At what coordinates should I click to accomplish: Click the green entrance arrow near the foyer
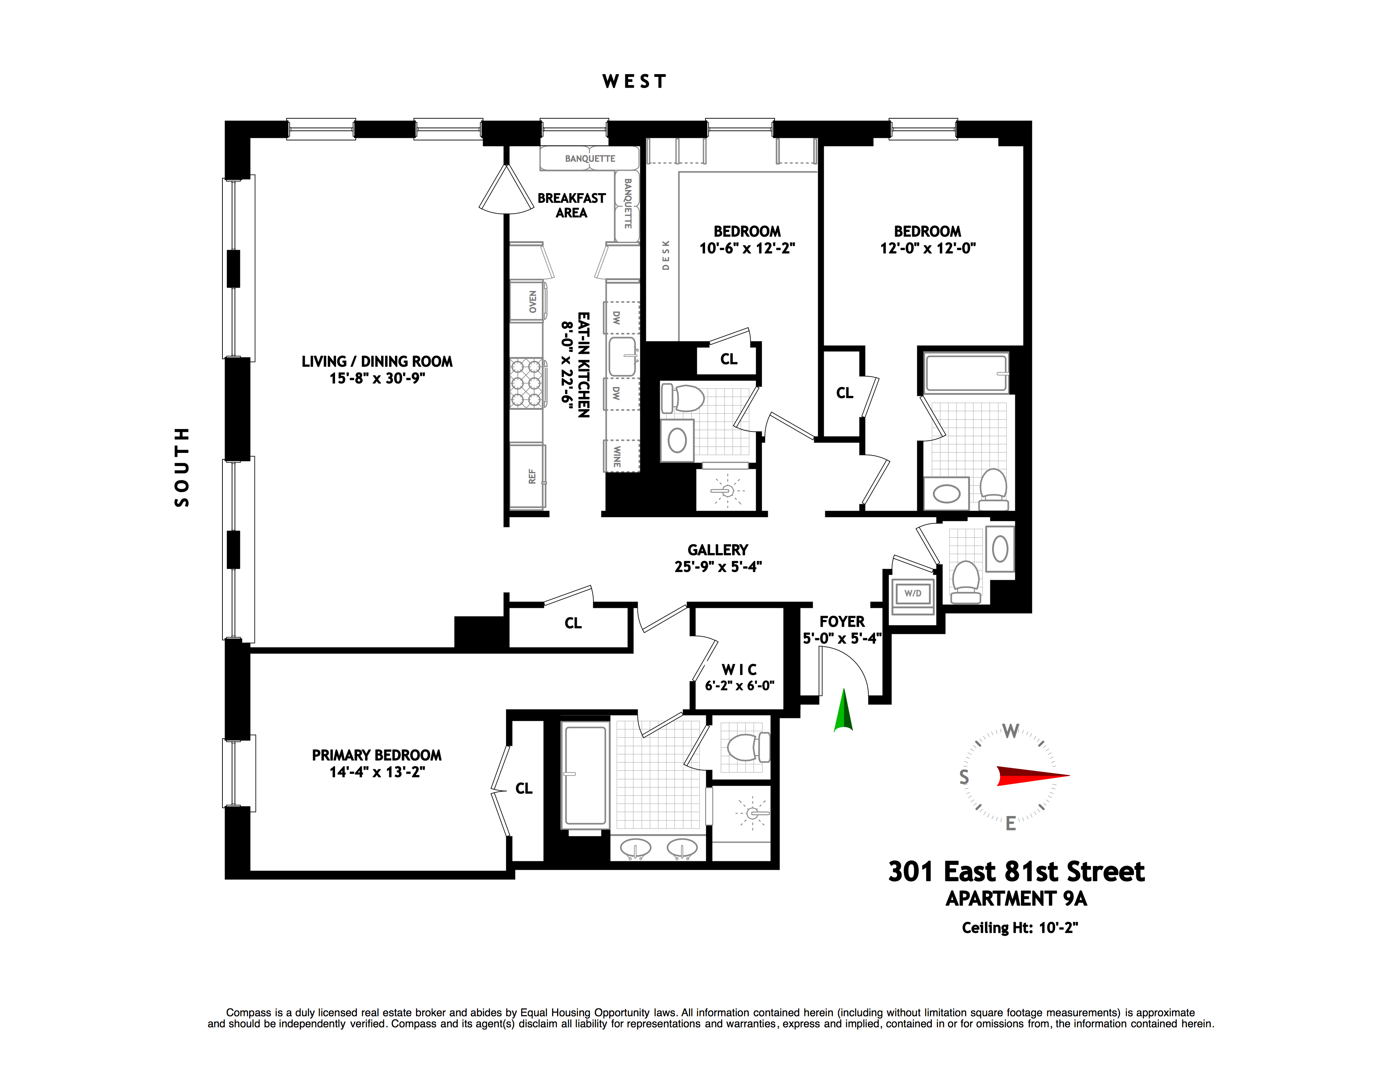click(843, 711)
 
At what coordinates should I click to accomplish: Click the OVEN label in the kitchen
click(533, 301)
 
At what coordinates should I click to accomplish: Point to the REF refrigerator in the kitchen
click(532, 476)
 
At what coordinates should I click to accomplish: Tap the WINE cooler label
click(616, 456)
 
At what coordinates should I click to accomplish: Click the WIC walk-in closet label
click(739, 670)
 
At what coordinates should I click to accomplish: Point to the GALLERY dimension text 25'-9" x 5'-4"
click(718, 566)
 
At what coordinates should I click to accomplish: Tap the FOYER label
click(841, 622)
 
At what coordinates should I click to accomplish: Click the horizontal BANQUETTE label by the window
click(590, 159)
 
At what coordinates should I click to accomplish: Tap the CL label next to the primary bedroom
click(524, 788)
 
